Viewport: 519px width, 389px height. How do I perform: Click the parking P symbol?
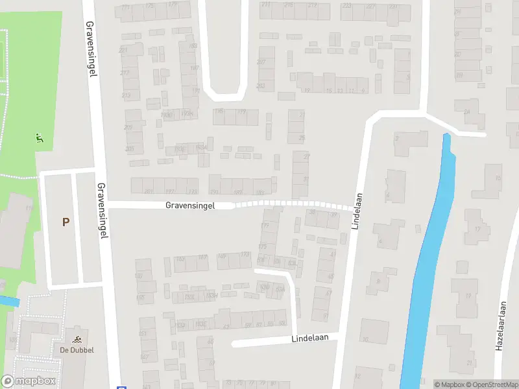click(66, 222)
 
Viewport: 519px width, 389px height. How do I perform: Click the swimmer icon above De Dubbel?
click(78, 339)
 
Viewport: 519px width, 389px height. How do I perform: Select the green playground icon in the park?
click(40, 137)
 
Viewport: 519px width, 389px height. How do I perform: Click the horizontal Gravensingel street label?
click(190, 205)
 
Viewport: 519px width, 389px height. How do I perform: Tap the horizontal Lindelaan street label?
click(315, 338)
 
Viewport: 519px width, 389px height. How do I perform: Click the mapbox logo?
click(28, 381)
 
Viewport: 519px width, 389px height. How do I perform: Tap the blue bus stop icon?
click(119, 384)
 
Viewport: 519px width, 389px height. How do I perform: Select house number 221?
click(123, 50)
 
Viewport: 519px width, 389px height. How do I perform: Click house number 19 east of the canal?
click(468, 298)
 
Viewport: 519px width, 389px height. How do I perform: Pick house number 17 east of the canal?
click(477, 230)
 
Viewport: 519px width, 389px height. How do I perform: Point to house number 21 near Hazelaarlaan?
click(469, 364)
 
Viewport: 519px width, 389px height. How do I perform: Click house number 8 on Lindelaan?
click(376, 281)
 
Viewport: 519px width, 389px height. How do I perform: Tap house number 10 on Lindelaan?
click(365, 338)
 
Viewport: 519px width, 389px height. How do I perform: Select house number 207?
click(261, 62)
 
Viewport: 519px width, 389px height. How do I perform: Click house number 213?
click(126, 96)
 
